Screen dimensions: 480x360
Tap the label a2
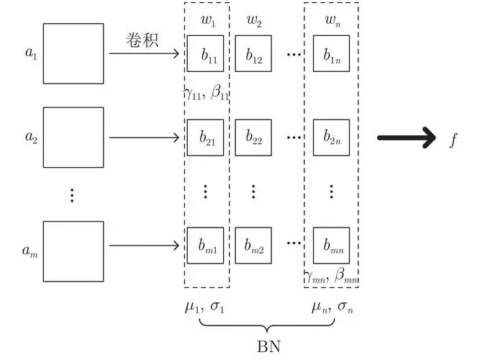pos(31,137)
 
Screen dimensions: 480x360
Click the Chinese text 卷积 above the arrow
pos(142,40)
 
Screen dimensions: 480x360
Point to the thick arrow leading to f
pos(407,138)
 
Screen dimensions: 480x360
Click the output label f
pos(453,140)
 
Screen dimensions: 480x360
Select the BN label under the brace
pos(268,346)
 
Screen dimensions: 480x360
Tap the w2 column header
pos(254,21)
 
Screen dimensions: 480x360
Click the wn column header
pos(332,21)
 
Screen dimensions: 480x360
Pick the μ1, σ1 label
pos(204,307)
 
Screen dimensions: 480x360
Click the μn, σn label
pos(332,307)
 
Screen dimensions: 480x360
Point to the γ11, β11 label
pos(207,93)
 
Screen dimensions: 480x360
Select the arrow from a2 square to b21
pos(144,138)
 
